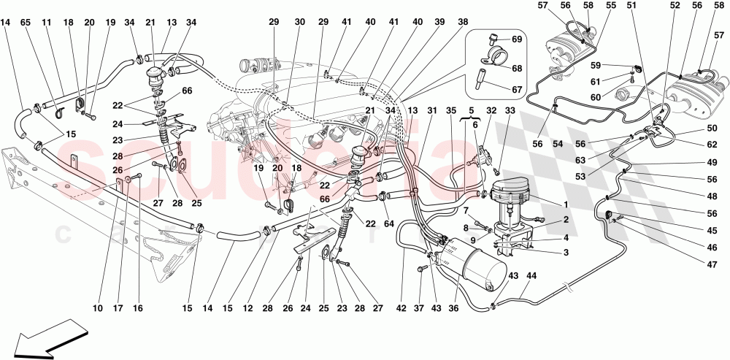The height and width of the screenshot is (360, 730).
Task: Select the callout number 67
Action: [516, 90]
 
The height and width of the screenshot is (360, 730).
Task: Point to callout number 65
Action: [26, 23]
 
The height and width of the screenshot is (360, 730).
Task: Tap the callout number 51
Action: [631, 7]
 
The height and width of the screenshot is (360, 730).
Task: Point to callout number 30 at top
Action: [299, 23]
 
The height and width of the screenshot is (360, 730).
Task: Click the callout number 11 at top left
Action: [46, 23]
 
